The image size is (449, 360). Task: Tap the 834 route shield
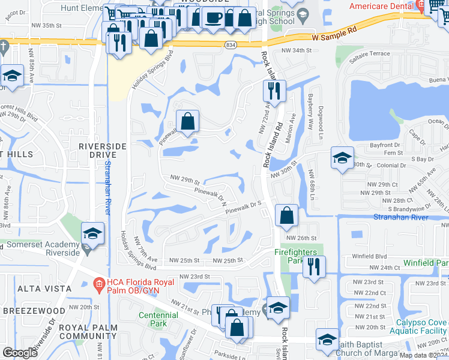click(231, 45)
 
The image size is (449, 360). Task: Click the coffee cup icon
click(214, 17)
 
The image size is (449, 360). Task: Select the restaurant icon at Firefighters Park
click(313, 267)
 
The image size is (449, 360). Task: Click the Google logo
click(19, 352)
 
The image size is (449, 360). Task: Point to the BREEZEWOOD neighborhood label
click(34, 310)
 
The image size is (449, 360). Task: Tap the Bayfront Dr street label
click(384, 145)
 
